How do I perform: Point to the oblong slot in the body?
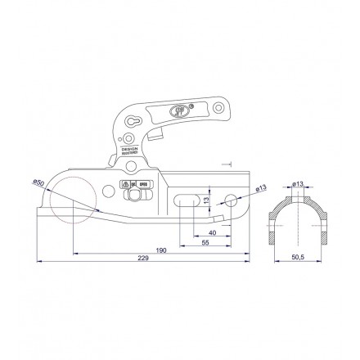[x=186, y=200]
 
